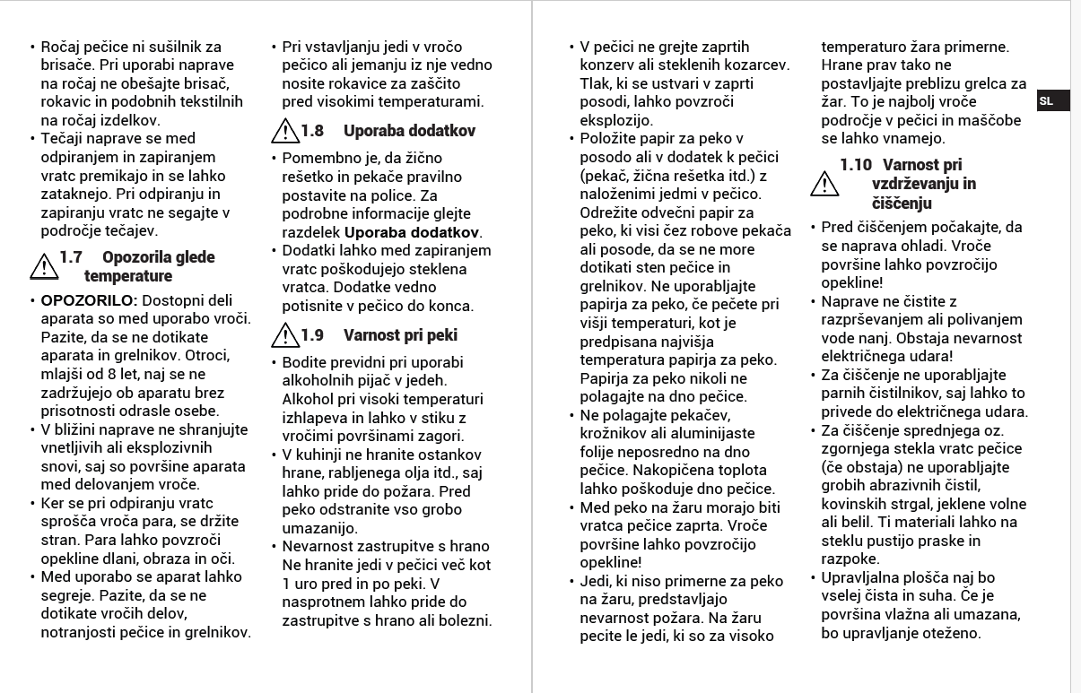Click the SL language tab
coord(1047,101)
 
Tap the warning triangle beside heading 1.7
coord(43,265)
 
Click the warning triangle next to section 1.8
coord(284,132)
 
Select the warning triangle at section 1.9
coord(284,336)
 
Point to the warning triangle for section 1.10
coord(824,184)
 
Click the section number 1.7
coord(71,258)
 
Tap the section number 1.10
coord(856,165)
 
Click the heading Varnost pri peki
coord(400,335)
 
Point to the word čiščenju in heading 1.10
coord(902,204)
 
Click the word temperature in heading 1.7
coord(127,276)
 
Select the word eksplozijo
coord(616,120)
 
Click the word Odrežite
coord(611,212)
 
